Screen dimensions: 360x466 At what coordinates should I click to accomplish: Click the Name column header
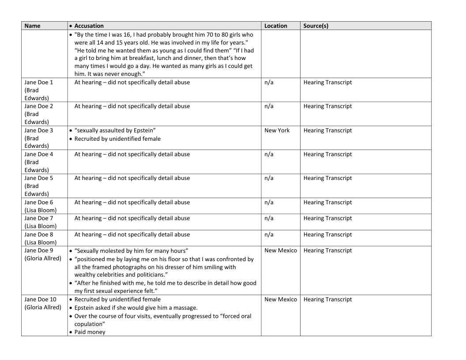(32, 26)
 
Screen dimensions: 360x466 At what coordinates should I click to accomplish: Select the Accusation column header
(89, 26)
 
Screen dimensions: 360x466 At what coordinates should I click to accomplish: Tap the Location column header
(276, 26)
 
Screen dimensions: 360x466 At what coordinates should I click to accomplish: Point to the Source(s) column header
(316, 26)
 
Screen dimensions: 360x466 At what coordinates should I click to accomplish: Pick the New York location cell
(277, 131)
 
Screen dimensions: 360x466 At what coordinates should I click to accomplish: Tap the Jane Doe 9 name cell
(42, 254)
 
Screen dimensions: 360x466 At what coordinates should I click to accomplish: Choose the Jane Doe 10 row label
(42, 303)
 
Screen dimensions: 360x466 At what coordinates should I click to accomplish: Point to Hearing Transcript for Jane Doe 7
(327, 218)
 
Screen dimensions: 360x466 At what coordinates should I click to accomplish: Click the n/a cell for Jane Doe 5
(269, 178)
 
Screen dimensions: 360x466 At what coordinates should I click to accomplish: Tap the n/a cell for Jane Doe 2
(269, 106)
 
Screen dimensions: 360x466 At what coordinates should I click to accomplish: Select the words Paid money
(90, 332)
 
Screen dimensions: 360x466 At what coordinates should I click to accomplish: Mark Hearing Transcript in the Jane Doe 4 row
(327, 154)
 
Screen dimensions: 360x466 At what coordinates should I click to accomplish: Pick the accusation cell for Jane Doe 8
(132, 235)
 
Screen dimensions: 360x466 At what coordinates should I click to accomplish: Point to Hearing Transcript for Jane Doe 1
(327, 82)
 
